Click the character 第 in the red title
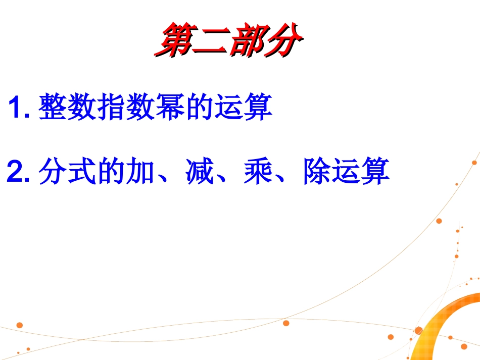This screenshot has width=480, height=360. [175, 40]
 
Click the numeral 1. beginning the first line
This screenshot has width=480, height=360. [20, 108]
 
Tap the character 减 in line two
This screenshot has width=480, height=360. [198, 172]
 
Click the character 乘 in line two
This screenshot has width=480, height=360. [257, 172]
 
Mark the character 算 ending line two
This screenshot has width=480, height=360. [375, 172]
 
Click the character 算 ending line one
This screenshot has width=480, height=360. [258, 107]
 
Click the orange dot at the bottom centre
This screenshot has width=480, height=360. [286, 323]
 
